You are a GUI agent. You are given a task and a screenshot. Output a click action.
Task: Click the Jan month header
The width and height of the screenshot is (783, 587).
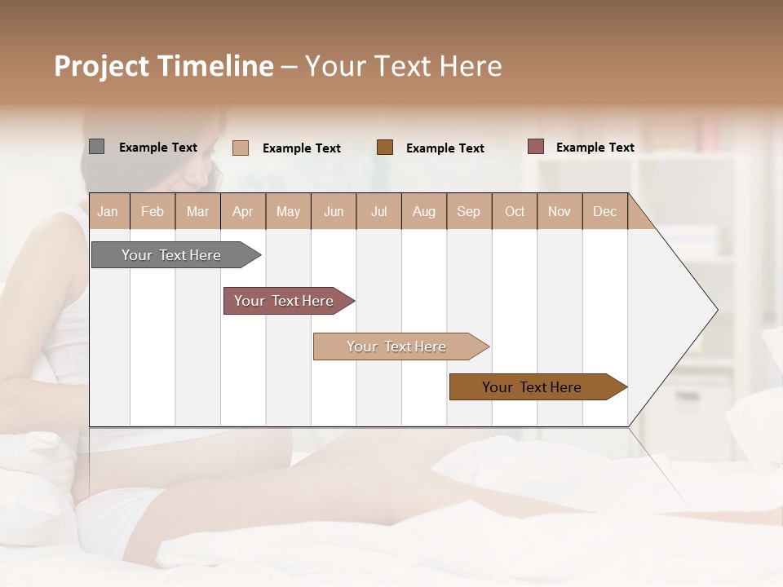pos(108,211)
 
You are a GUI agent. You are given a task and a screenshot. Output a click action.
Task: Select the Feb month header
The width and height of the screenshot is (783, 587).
pos(153,211)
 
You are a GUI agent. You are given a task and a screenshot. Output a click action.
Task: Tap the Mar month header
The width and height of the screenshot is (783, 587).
pos(197,211)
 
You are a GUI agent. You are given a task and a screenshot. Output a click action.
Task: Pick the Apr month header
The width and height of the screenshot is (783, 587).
pos(243,211)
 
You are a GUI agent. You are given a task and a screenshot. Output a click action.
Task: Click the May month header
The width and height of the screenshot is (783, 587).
pos(288,211)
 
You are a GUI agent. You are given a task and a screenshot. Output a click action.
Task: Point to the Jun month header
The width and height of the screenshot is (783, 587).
pos(334,211)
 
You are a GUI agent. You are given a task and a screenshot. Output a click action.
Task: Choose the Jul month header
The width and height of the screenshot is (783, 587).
pos(378,211)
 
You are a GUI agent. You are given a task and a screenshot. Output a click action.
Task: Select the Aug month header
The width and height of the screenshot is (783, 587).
pos(424,211)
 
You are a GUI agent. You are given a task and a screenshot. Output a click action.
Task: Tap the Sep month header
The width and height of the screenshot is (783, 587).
pos(469,211)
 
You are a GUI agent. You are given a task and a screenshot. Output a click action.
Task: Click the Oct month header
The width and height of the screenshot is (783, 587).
pos(515,211)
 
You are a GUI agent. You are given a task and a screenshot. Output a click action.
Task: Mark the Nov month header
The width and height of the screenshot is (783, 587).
pos(560,211)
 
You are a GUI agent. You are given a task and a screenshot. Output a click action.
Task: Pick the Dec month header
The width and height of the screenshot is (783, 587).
pos(605,211)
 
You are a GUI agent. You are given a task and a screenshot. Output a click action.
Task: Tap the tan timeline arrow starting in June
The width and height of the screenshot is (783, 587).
pos(397,346)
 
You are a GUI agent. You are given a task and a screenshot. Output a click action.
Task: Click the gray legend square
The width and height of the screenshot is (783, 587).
pos(96,147)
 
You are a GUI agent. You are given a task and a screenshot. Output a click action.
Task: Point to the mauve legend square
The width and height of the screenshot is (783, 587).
pos(535,147)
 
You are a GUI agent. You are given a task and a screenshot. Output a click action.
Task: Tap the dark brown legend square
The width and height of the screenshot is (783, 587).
pos(385,148)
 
